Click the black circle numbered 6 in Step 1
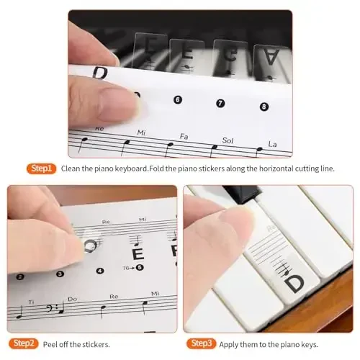pos(178,99)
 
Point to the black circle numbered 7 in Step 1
pos(220,103)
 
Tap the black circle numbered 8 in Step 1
pos(264,107)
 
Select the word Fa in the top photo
pos(184,135)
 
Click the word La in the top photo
pos(273,143)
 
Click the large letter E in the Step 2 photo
pos(138,253)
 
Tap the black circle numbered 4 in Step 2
pos(99,271)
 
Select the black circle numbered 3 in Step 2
pos(60,274)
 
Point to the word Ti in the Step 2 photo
pos(30,302)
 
